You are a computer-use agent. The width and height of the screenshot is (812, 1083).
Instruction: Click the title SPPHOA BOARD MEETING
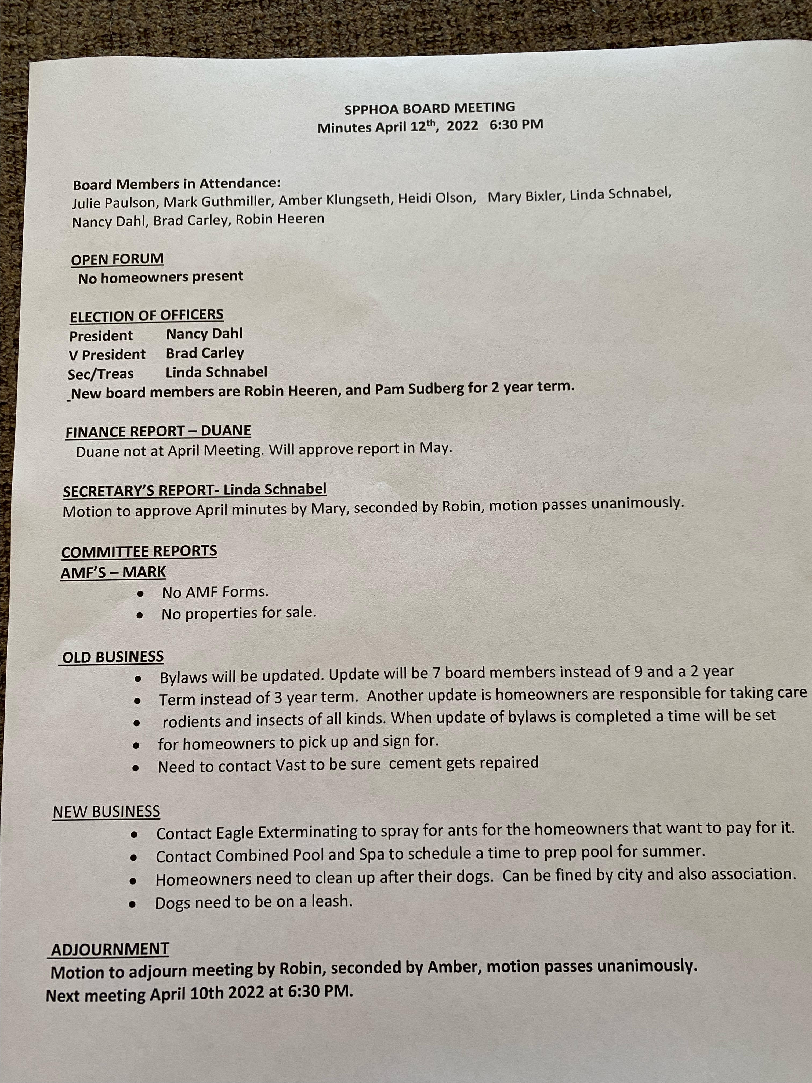[x=430, y=108]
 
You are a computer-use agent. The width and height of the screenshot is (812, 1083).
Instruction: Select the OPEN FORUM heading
[x=117, y=259]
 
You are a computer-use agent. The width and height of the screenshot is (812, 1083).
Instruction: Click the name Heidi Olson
[x=437, y=198]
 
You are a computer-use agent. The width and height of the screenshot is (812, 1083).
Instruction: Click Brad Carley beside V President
[x=205, y=353]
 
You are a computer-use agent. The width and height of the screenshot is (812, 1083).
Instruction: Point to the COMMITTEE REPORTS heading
[x=139, y=551]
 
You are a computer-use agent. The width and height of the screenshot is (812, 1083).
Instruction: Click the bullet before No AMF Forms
[x=140, y=594]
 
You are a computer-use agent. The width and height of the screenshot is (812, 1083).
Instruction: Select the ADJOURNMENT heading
[x=110, y=949]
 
